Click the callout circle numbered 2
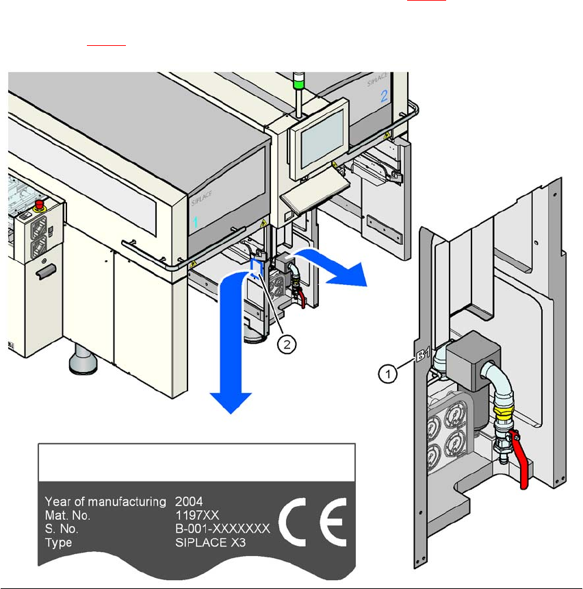coord(287,345)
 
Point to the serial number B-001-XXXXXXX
coord(222,529)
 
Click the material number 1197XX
coord(194,515)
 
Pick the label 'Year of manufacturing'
coord(105,501)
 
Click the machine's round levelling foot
coord(82,359)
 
